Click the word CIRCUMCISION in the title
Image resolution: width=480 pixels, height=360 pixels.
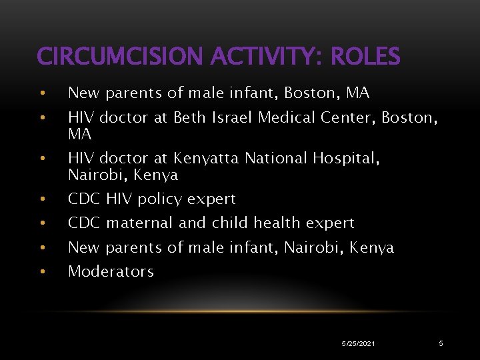121,57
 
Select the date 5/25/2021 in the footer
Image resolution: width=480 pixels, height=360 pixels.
358,343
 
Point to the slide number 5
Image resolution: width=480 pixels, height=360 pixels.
441,343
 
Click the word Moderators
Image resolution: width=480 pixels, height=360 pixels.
111,271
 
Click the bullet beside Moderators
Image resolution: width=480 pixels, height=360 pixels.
42,272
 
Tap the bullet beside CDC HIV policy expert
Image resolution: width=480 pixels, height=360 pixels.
42,199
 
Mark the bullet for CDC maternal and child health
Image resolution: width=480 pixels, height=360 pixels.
42,223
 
